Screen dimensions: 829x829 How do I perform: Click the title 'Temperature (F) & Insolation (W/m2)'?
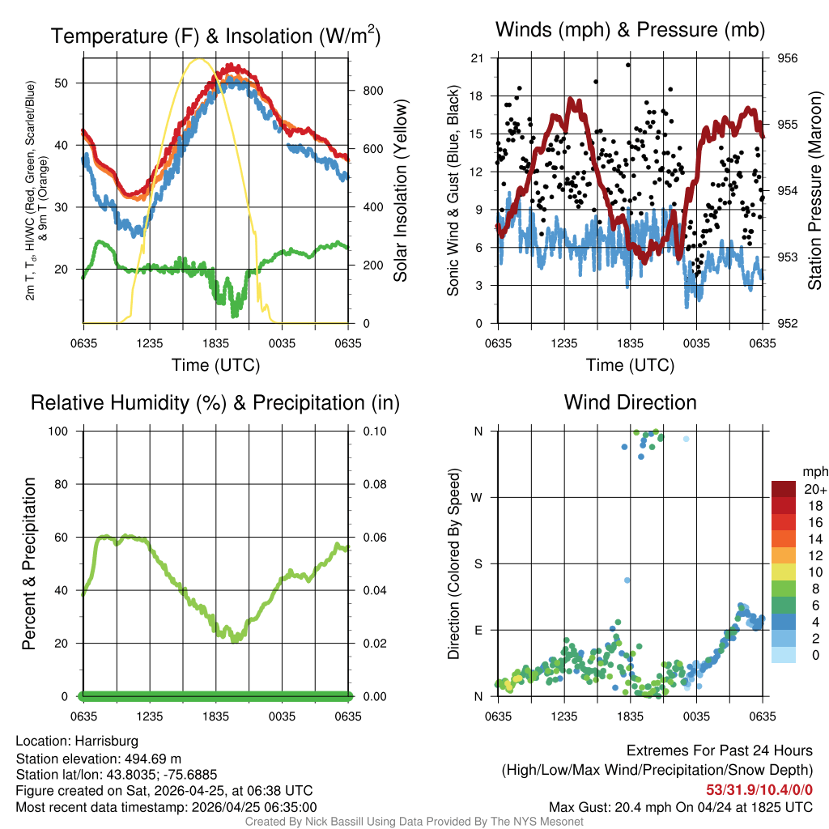click(x=215, y=36)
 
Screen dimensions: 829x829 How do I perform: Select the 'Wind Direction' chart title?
click(x=630, y=402)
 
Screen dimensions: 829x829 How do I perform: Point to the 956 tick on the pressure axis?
click(x=789, y=58)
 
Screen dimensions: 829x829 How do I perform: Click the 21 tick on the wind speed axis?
click(x=477, y=58)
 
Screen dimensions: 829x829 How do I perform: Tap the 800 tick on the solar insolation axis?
click(x=372, y=91)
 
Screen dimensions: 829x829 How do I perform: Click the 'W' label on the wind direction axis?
click(x=478, y=497)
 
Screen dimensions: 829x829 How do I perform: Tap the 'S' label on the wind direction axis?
click(x=478, y=563)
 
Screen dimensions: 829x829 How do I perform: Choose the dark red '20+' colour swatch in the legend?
click(x=784, y=489)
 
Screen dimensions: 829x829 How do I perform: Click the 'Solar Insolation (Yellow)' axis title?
click(x=400, y=191)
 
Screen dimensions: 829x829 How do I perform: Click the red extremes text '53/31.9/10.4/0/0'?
click(x=759, y=789)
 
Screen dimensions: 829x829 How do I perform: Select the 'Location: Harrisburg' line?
click(x=77, y=741)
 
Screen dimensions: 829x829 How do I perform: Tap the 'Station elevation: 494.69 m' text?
click(x=96, y=758)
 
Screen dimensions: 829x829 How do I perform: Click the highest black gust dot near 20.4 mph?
click(x=627, y=65)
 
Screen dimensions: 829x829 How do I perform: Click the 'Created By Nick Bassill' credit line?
click(x=414, y=822)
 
